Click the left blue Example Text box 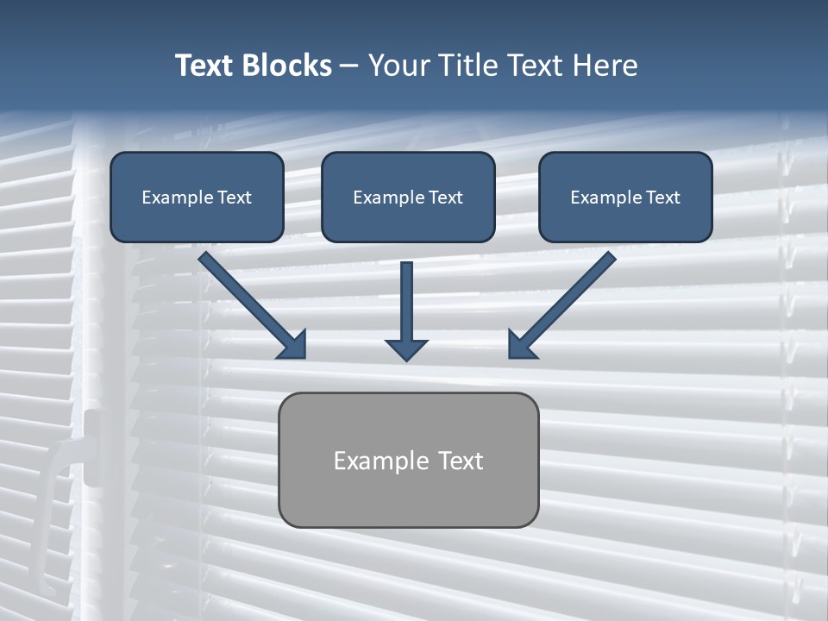[197, 197]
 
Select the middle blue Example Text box [408, 197]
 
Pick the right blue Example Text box [625, 197]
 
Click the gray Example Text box [408, 460]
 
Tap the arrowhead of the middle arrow [406, 348]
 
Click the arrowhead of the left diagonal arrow [293, 345]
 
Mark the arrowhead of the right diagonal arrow [521, 345]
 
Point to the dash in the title [349, 66]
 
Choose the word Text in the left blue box [234, 198]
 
